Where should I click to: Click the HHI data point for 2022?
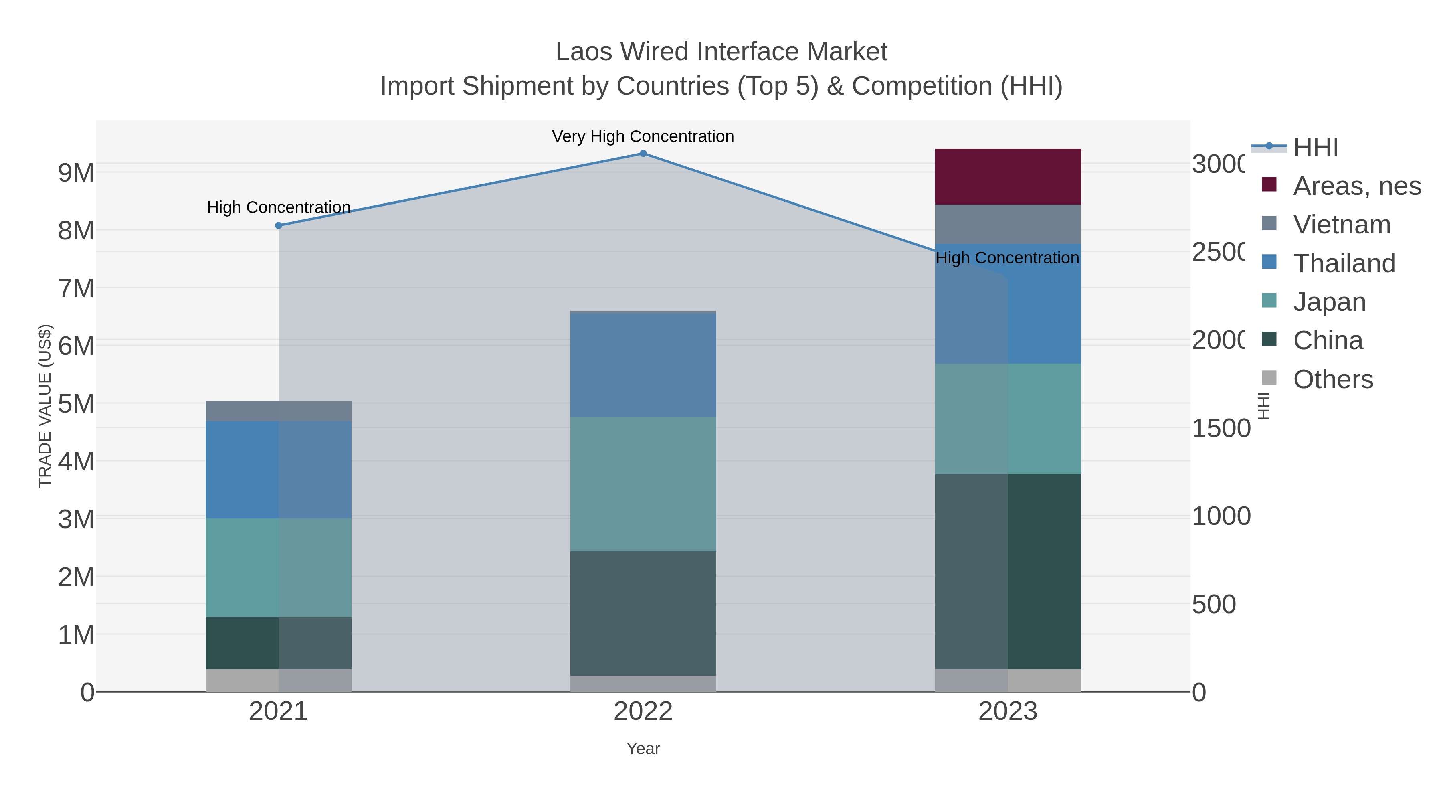tap(643, 154)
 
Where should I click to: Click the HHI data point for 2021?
tap(279, 226)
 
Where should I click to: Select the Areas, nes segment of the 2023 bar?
tap(1008, 176)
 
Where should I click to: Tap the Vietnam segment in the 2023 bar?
tap(1008, 224)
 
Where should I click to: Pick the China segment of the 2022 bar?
tap(643, 613)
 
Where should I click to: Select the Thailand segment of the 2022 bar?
tap(643, 364)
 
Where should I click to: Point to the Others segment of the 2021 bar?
tap(279, 680)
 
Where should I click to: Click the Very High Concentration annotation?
tap(643, 137)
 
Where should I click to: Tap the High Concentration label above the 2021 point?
tap(279, 207)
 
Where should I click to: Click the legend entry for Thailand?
tap(1344, 263)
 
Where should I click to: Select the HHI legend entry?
tap(1315, 148)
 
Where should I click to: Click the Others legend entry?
tap(1333, 379)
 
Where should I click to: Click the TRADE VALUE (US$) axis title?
tap(45, 406)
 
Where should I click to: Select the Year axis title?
tap(643, 749)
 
